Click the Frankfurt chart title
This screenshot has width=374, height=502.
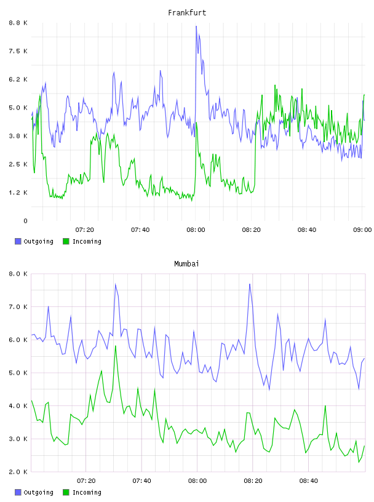187,13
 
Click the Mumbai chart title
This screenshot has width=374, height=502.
186,264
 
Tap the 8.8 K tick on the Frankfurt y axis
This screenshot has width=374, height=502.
18,23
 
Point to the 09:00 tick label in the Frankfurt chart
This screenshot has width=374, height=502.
362,230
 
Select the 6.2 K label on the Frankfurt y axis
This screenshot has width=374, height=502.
18,79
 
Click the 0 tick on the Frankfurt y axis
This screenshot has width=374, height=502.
25,221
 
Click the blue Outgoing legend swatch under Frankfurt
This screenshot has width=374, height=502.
18,241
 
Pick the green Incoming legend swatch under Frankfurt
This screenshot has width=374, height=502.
66,241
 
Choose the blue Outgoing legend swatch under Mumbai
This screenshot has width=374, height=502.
18,492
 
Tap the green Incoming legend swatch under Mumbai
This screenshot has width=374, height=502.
66,492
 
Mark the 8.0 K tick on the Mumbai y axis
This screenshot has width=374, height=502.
18,274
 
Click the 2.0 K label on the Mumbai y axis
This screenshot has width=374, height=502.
18,472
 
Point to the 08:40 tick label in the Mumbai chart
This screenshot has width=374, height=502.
308,481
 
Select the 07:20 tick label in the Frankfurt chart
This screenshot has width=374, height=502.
84,230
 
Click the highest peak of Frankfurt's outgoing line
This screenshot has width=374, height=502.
196,26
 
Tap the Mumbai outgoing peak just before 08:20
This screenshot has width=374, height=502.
250,284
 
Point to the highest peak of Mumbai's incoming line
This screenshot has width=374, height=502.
115,346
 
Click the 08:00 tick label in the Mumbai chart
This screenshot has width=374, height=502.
197,481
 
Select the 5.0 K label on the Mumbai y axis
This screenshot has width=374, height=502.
18,373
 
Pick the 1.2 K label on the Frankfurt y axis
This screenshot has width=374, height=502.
18,193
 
